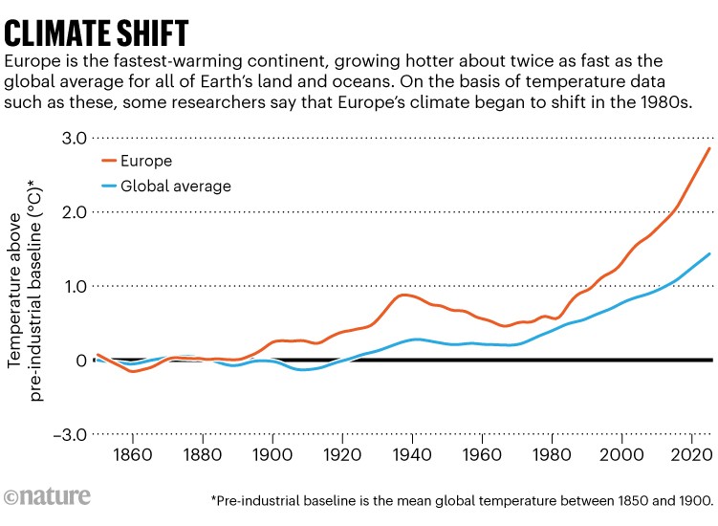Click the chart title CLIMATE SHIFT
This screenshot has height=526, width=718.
click(97, 33)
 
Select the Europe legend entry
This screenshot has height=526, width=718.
click(137, 161)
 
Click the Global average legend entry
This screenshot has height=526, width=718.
click(166, 186)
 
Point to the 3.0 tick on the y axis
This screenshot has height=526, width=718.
click(75, 138)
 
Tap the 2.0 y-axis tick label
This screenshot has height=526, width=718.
click(75, 212)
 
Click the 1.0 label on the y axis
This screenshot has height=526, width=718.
click(76, 286)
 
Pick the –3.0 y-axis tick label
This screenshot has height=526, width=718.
click(70, 434)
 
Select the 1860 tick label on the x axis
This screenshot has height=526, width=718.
click(132, 455)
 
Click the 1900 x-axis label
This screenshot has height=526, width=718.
click(272, 455)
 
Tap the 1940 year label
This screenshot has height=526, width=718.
click(412, 455)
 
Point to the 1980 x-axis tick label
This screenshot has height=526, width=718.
click(552, 455)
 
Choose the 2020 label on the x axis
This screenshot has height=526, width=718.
click(692, 455)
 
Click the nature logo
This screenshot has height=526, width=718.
click(47, 496)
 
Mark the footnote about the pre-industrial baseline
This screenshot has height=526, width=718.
click(463, 500)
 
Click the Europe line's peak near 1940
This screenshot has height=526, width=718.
click(403, 296)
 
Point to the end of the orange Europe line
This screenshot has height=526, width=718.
click(709, 148)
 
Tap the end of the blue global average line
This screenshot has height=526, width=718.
click(709, 253)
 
